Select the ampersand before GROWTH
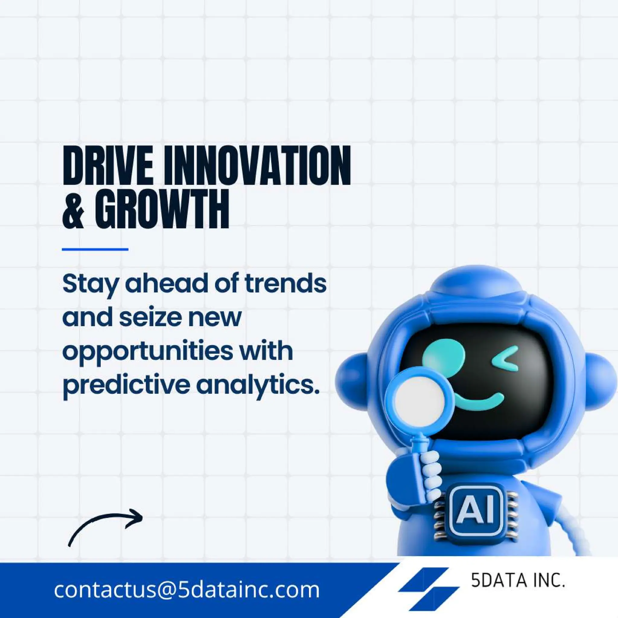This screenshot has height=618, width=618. click(73, 209)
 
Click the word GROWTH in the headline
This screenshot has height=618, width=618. click(162, 209)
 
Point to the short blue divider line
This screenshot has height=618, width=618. click(95, 249)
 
